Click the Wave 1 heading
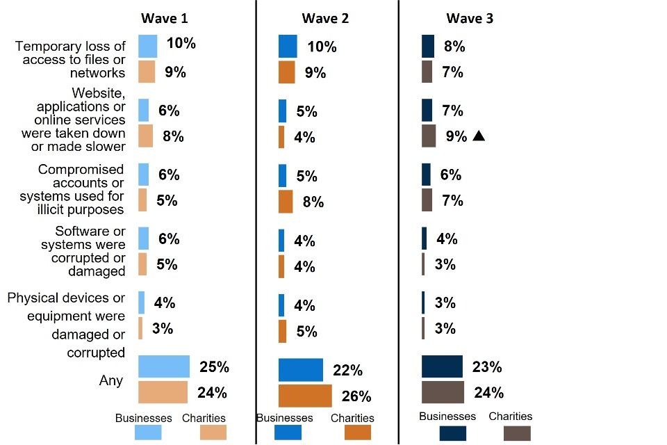coord(165,18)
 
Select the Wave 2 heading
coord(325,18)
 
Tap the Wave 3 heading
coord(470,18)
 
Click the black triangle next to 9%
coord(478,136)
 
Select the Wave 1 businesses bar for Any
coord(164,366)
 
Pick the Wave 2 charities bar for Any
coord(305,396)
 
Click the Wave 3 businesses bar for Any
coord(442,366)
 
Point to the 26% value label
coord(356,396)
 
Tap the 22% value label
coord(348,371)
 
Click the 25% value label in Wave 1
coord(214,366)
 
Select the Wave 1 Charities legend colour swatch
coord(213,432)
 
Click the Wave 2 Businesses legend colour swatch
coord(288,432)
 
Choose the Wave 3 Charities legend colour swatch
coord(517,433)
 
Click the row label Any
coord(111,380)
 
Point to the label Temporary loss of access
coord(71,59)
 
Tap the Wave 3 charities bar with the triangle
coord(429,136)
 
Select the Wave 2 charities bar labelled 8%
coord(286,201)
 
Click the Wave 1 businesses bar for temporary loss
coord(147,46)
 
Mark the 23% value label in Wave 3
coord(486,366)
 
